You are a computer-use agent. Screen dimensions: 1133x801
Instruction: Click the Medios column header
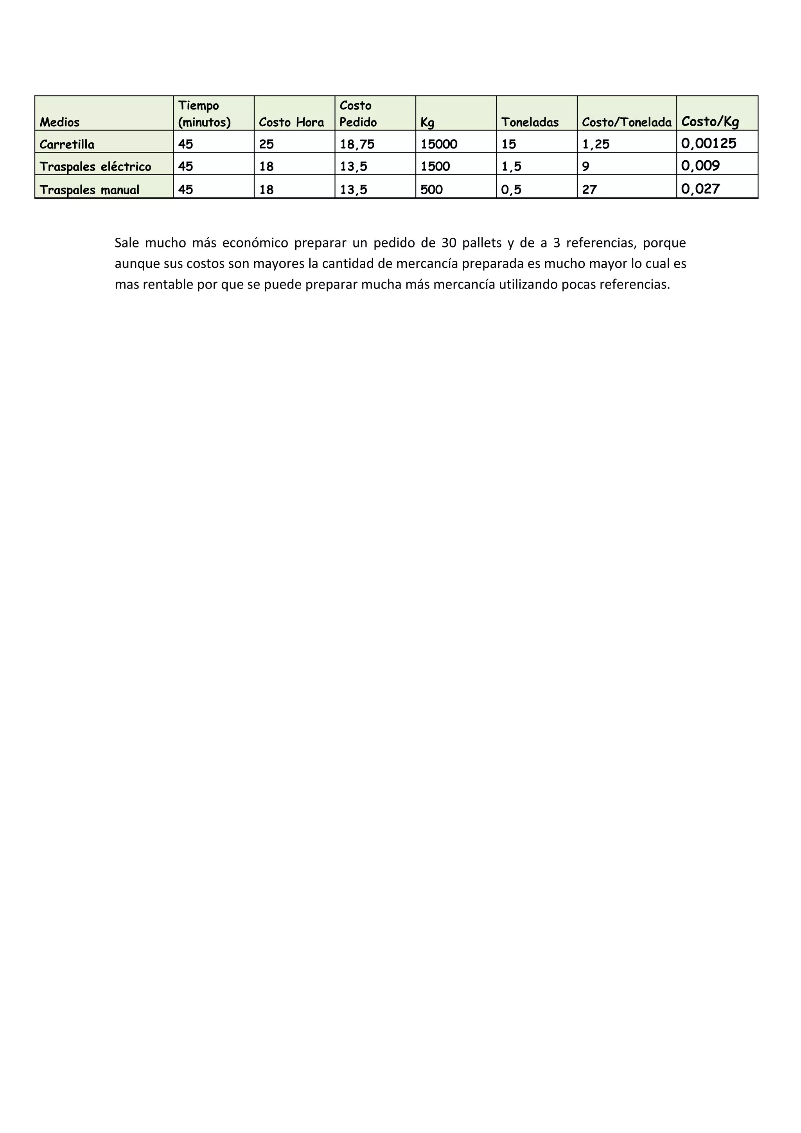tap(60, 122)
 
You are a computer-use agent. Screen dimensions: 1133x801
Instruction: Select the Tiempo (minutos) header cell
tap(204, 114)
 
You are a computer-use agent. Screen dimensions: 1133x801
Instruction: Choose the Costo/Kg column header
tap(710, 121)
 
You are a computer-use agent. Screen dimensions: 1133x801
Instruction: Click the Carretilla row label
tap(67, 144)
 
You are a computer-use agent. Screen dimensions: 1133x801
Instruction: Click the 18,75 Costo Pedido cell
tap(357, 144)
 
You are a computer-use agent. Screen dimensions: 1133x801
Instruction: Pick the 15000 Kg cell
tap(439, 144)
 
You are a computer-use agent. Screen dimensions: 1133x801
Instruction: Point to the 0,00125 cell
tap(709, 143)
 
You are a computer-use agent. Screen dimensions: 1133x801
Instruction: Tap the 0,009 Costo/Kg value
tap(700, 166)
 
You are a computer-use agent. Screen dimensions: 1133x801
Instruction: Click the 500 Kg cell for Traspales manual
tap(431, 190)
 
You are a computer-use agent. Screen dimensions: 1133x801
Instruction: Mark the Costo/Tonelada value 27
tap(589, 190)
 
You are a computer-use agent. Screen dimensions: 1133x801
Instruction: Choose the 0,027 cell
tap(700, 188)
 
